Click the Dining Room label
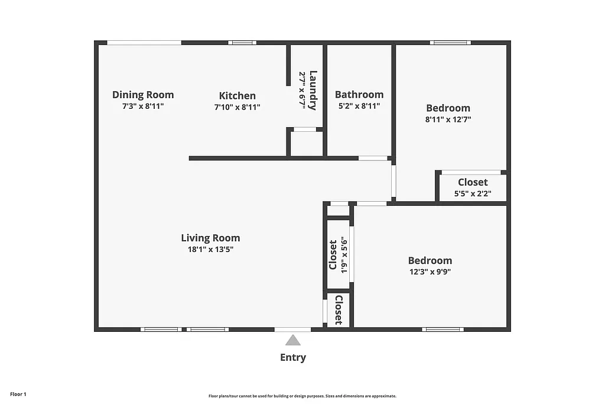(143, 95)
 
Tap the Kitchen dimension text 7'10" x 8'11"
(237, 107)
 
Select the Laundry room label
(313, 90)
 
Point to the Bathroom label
(359, 94)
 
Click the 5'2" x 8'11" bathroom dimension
(359, 106)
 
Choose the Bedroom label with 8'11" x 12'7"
(448, 108)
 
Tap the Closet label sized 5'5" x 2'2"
(473, 182)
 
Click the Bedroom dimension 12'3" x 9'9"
(430, 272)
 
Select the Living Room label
(210, 238)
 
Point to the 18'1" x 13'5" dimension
(210, 250)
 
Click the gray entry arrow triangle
(293, 340)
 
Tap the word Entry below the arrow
(293, 357)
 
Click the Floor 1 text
(18, 394)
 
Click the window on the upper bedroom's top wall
(450, 43)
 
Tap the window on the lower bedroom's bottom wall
(443, 329)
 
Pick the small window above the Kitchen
(242, 43)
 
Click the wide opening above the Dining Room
(144, 43)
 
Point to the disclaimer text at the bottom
(302, 396)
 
